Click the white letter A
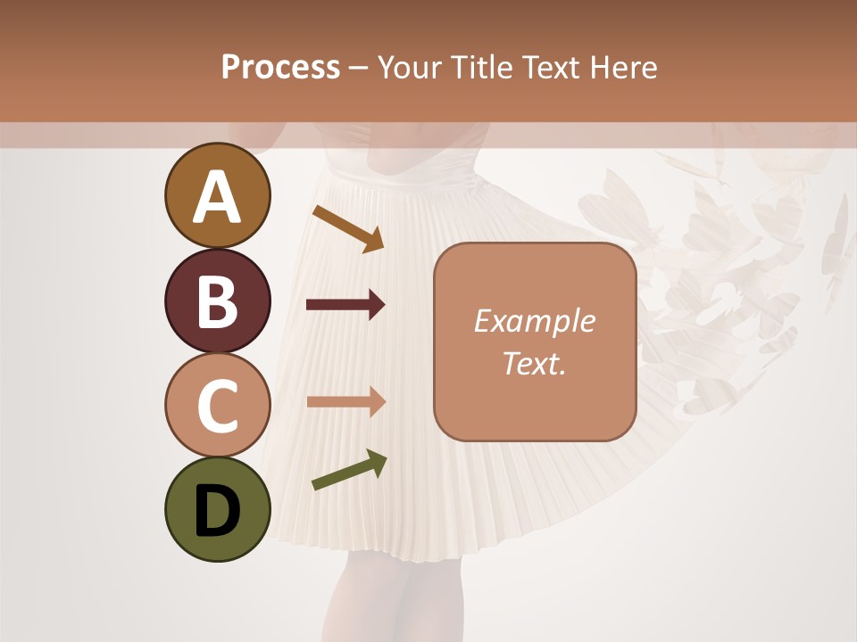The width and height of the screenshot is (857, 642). tap(217, 197)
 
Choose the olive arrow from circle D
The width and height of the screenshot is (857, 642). tap(349, 470)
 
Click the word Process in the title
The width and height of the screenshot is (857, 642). tap(280, 68)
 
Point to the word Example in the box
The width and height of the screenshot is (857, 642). tap(534, 321)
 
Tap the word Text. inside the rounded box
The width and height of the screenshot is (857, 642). tap(534, 364)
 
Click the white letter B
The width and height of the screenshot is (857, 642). tap(217, 301)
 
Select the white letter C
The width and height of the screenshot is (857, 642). tap(217, 405)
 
